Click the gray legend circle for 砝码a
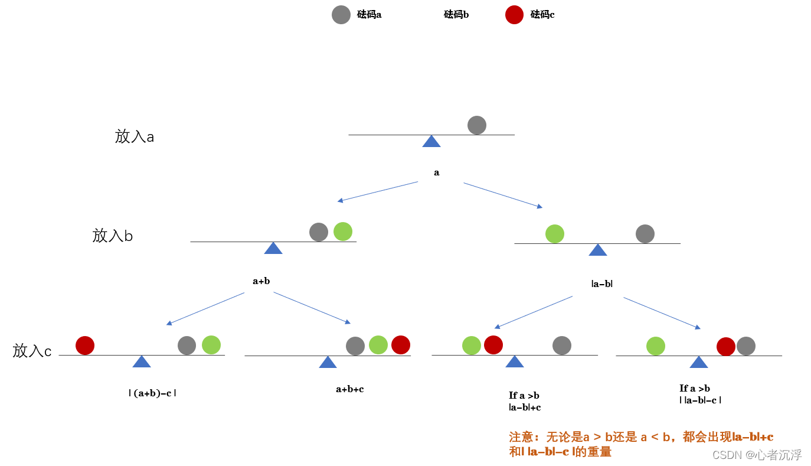tap(341, 15)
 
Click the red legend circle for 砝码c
tap(515, 15)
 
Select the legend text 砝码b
tap(456, 15)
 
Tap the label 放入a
tap(135, 137)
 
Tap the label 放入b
tap(113, 236)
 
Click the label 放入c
tap(32, 351)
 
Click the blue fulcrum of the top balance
tap(431, 141)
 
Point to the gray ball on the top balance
tap(477, 125)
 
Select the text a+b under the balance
tap(261, 281)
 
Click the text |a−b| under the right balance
tap(602, 284)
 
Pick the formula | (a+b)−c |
tap(152, 393)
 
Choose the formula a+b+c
tap(350, 389)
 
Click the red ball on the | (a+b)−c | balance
tap(85, 346)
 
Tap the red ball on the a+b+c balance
tap(401, 345)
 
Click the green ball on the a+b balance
tap(343, 232)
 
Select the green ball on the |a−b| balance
tap(555, 234)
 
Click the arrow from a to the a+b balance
tap(378, 192)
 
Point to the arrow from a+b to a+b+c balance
tap(312, 308)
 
